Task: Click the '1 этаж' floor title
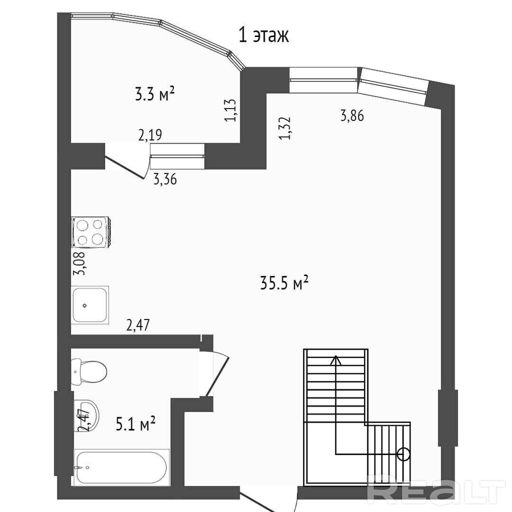click(264, 35)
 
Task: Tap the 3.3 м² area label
click(155, 94)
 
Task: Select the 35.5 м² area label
click(284, 283)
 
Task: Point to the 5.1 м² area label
click(136, 423)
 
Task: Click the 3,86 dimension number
click(352, 116)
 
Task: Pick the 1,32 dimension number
click(285, 128)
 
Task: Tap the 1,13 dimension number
click(230, 110)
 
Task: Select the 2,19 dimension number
click(150, 135)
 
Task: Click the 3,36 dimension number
click(165, 179)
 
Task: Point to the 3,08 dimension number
click(79, 264)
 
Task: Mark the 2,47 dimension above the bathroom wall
click(138, 325)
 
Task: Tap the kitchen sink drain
click(84, 306)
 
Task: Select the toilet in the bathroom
click(89, 372)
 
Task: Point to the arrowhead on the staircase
click(336, 360)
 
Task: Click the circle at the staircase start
click(404, 454)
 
